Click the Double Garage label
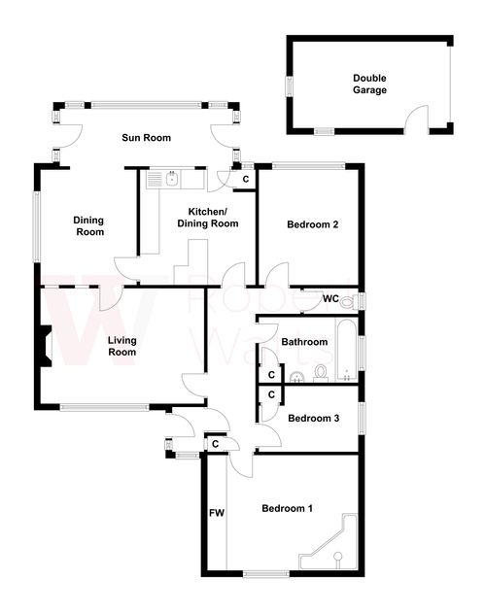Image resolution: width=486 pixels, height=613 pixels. pyautogui.click(x=369, y=84)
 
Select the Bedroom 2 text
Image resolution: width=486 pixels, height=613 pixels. pyautogui.click(x=312, y=225)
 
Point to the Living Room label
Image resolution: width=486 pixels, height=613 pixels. pyautogui.click(x=121, y=346)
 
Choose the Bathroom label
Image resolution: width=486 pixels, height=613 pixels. pyautogui.click(x=303, y=342)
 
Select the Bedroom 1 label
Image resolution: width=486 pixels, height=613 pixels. pyautogui.click(x=288, y=508)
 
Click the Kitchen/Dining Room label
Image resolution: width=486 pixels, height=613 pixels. pyautogui.click(x=207, y=218)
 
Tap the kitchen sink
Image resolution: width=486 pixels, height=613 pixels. pyautogui.click(x=170, y=179)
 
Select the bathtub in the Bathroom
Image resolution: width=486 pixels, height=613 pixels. pyautogui.click(x=344, y=350)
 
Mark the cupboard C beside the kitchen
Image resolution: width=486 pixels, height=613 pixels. pyautogui.click(x=245, y=179)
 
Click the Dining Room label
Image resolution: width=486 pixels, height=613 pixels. pyautogui.click(x=88, y=226)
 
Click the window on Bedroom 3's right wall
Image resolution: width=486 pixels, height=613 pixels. pyautogui.click(x=363, y=419)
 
